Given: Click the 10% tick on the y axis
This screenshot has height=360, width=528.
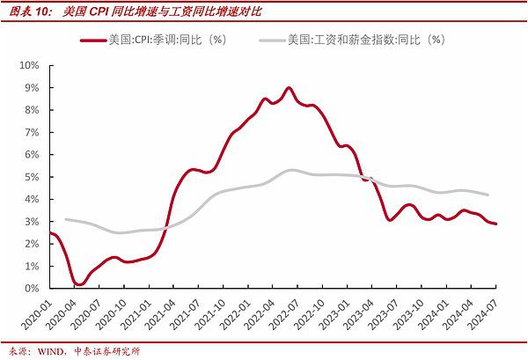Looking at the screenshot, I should [x=32, y=65].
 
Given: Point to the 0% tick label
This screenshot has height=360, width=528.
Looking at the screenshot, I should [x=34, y=288].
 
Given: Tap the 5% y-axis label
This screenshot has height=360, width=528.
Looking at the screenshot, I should [x=34, y=177].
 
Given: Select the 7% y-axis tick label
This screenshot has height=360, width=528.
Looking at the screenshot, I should [x=34, y=132].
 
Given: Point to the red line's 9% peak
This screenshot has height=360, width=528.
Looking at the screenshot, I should [x=289, y=88].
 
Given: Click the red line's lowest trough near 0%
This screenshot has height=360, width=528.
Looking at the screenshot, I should [x=78, y=284].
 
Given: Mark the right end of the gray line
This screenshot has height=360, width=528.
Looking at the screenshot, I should [x=488, y=195].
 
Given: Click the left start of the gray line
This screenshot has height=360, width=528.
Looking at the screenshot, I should [x=66, y=219].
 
